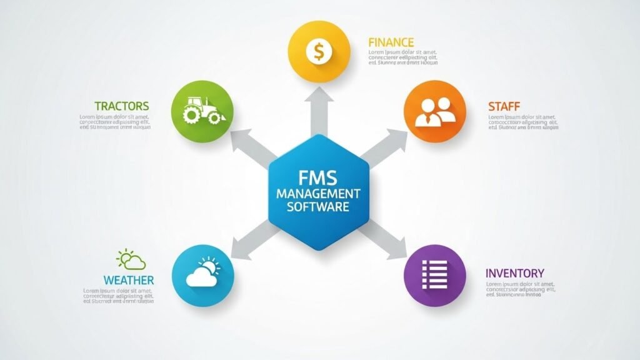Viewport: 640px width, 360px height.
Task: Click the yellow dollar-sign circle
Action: (x=319, y=51)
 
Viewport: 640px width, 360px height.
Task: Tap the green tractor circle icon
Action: (x=202, y=111)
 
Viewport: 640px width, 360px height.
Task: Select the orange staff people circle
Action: (x=436, y=111)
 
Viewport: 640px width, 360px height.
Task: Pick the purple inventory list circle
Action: (x=435, y=274)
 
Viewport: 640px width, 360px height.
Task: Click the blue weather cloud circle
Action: (x=202, y=274)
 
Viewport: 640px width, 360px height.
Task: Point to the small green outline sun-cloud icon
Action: (x=131, y=259)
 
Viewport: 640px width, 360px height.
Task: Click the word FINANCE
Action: (x=391, y=42)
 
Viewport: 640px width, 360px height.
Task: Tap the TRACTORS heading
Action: (x=122, y=106)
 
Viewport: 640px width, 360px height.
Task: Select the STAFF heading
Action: (x=504, y=106)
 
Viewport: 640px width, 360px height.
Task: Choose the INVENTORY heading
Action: (x=514, y=273)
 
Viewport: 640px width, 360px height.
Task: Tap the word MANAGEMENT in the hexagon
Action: (x=319, y=193)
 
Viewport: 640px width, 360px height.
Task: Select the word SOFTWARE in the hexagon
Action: (x=319, y=206)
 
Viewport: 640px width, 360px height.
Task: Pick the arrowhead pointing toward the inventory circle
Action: (x=397, y=251)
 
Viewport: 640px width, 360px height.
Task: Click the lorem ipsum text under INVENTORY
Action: (x=520, y=289)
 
